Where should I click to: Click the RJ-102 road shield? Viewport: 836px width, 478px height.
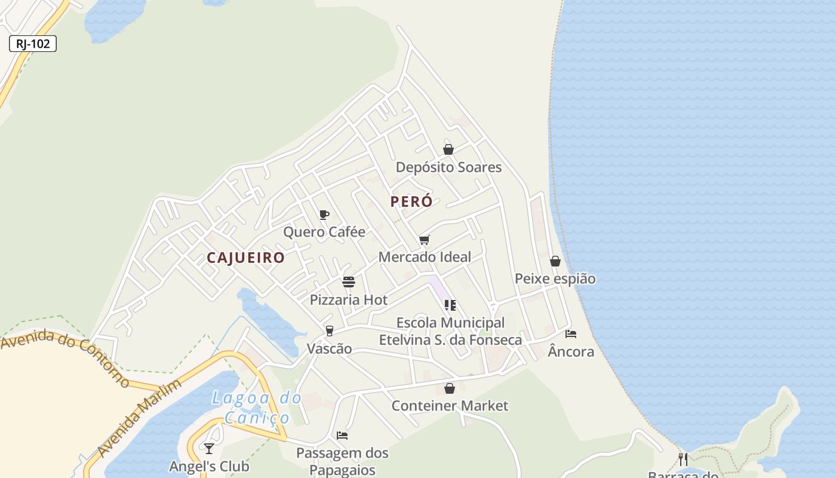[33, 44]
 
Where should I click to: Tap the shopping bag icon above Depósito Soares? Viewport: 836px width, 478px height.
[448, 149]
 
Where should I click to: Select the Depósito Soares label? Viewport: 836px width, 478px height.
[448, 167]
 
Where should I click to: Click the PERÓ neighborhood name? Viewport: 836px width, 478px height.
[411, 201]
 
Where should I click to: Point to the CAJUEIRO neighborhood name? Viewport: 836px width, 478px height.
[245, 258]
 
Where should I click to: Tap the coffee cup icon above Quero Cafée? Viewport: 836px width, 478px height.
[324, 215]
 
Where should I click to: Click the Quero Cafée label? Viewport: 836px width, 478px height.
[324, 232]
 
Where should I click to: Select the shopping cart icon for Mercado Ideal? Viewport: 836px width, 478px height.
[425, 240]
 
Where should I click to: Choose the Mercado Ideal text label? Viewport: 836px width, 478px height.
[425, 257]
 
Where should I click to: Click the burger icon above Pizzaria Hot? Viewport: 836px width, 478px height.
[349, 282]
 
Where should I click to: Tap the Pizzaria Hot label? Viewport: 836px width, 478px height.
[349, 300]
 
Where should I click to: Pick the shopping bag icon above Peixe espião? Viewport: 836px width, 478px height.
[555, 261]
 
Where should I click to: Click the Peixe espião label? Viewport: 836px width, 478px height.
[555, 279]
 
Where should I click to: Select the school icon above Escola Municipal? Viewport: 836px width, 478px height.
[450, 305]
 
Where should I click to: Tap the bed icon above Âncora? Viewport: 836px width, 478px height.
[571, 334]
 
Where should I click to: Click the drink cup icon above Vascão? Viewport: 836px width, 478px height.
[329, 331]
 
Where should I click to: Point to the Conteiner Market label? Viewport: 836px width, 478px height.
[450, 406]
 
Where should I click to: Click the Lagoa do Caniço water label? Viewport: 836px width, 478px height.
[256, 407]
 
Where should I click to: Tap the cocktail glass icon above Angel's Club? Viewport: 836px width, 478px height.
[209, 448]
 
